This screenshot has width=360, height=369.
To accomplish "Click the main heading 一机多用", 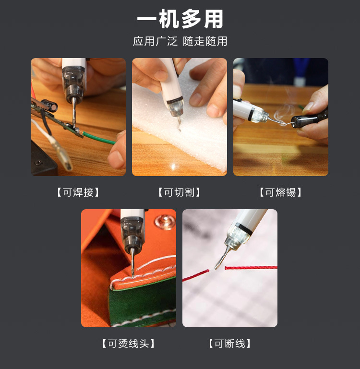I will (x=180, y=20).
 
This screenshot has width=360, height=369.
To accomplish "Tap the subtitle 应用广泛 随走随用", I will (x=180, y=41).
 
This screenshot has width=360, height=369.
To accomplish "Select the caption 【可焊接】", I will (x=78, y=192).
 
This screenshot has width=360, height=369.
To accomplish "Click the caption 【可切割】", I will (x=180, y=192).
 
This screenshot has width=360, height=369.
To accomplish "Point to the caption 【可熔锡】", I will (x=281, y=192).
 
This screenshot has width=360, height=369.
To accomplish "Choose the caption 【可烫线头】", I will (x=129, y=344).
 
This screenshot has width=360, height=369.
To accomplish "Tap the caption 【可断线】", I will (x=230, y=344).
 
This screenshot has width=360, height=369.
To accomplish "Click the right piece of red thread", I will (x=252, y=267).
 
